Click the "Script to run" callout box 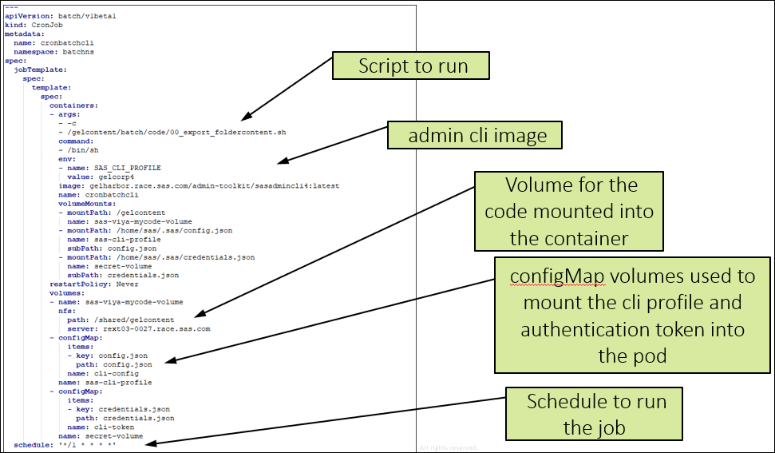[x=411, y=66]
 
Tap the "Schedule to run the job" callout [x=595, y=414]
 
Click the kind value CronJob [x=47, y=26]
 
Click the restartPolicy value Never [x=127, y=284]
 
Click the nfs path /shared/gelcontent [x=131, y=320]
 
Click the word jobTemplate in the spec [x=39, y=70]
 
